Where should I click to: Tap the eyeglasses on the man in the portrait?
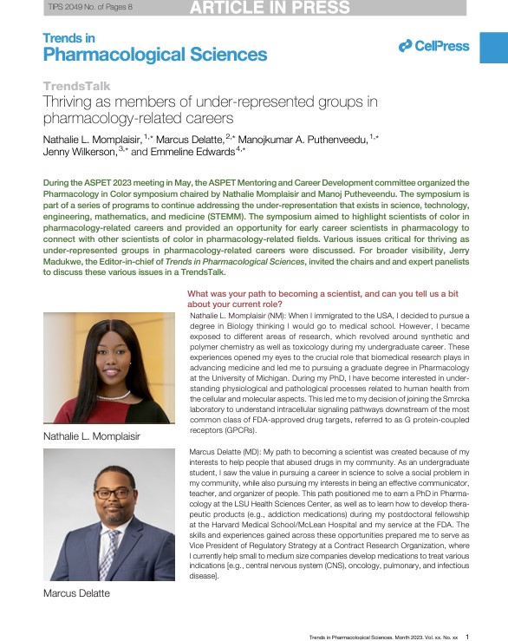113,494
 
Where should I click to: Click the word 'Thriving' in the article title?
75,101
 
